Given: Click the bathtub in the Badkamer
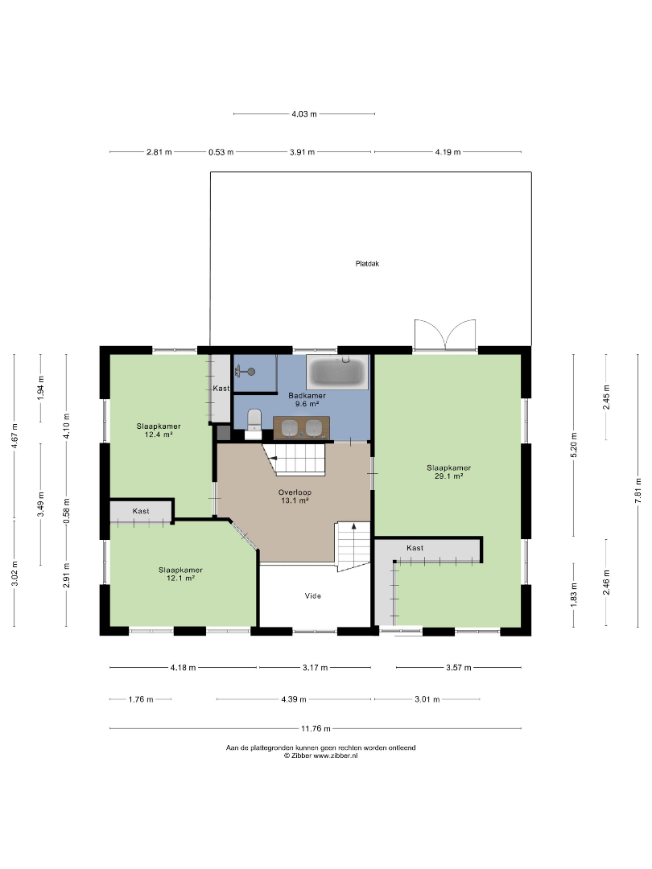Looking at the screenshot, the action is [x=337, y=372].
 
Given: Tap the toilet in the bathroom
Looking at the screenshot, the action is [x=254, y=422].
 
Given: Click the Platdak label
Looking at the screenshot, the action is [x=367, y=264].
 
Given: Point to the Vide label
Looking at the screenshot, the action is [x=312, y=595].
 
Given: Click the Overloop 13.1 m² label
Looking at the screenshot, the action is [x=295, y=496].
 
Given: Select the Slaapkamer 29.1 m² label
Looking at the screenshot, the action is [x=448, y=472].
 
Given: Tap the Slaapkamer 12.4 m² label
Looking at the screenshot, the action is [x=159, y=430].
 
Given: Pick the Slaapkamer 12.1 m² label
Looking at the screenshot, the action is [x=180, y=574].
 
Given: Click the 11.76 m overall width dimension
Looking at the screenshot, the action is [x=316, y=728].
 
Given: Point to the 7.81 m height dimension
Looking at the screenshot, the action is [x=638, y=491].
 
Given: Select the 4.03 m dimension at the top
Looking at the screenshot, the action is [x=303, y=114].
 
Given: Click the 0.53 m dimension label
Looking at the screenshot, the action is [x=221, y=152].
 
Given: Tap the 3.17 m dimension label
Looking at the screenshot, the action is [x=315, y=668].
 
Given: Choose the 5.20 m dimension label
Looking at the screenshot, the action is [x=574, y=444].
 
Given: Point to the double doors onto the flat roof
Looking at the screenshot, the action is [x=445, y=335].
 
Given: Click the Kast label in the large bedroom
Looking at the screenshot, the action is [x=415, y=548].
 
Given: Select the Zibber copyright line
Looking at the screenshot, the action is [x=320, y=756].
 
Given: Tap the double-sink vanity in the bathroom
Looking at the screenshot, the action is [x=302, y=427].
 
